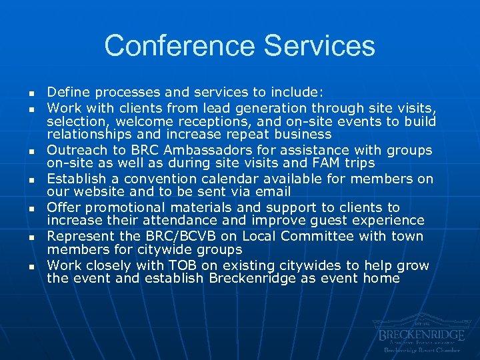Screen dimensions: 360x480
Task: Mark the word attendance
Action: [x=141, y=221]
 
